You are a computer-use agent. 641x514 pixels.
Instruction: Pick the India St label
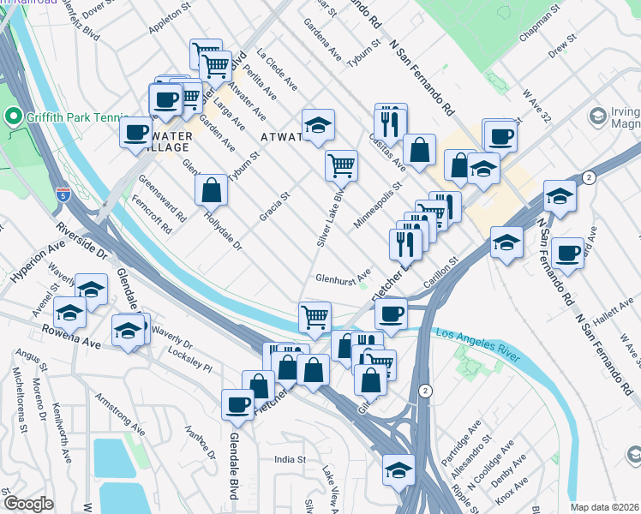290,460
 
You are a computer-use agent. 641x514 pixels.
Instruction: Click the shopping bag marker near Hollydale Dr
211,189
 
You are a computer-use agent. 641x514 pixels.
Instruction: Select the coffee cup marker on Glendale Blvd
237,404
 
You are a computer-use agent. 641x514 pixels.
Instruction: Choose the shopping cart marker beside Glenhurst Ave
315,316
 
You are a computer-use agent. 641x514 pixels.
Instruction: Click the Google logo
29,504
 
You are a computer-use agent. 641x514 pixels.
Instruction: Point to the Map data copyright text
604,507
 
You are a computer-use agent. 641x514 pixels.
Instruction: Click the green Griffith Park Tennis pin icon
13,116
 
